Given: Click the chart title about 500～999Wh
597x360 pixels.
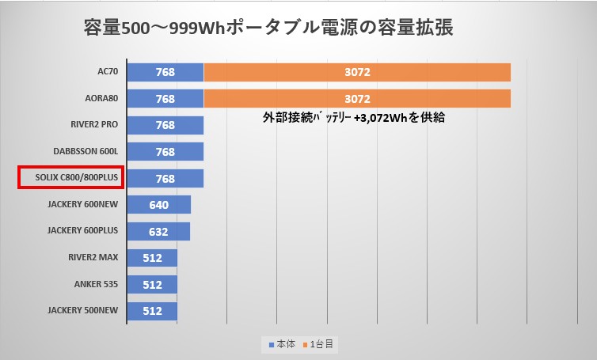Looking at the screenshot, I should pyautogui.click(x=268, y=28).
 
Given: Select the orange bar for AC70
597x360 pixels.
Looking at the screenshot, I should pyautogui.click(x=357, y=73).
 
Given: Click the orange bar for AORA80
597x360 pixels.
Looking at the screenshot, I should pyautogui.click(x=357, y=99).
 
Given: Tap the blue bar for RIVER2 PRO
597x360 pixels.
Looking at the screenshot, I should pyautogui.click(x=165, y=125).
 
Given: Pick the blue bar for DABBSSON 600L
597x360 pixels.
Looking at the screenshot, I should pyautogui.click(x=165, y=151).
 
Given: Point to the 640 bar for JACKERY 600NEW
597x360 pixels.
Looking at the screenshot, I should pyautogui.click(x=158, y=204).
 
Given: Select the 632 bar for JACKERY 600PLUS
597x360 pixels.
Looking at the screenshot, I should pyautogui.click(x=158, y=231).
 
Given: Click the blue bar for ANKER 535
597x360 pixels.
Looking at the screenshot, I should pyautogui.click(x=152, y=283).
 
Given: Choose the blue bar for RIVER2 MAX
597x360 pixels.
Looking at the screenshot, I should pyautogui.click(x=152, y=257).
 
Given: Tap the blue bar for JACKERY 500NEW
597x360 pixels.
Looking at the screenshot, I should pyautogui.click(x=152, y=310).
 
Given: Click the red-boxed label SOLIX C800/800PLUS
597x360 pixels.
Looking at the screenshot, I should pyautogui.click(x=70, y=178).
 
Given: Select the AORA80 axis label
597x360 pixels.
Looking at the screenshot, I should pyautogui.click(x=101, y=99).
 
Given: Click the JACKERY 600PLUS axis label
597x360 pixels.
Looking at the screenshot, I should pyautogui.click(x=82, y=231).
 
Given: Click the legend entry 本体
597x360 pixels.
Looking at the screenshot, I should pyautogui.click(x=283, y=345).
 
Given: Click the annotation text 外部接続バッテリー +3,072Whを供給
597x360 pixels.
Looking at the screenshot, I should pyautogui.click(x=353, y=118).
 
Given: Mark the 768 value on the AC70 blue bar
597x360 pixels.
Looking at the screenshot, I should pyautogui.click(x=165, y=73).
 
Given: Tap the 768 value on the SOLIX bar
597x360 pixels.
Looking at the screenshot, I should pyautogui.click(x=165, y=178).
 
